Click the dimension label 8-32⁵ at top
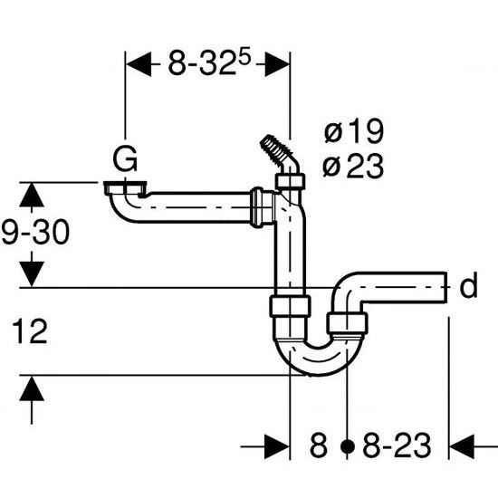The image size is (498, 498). [209, 62]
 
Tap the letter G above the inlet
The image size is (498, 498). [126, 158]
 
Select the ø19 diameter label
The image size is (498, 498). [353, 130]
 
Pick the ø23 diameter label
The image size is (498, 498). [353, 166]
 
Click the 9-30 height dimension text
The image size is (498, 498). [35, 232]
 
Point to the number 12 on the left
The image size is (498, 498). [30, 331]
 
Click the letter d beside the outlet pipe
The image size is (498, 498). [468, 285]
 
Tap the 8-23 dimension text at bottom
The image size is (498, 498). [397, 445]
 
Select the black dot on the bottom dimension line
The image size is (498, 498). [347, 446]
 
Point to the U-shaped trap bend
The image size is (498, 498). [319, 358]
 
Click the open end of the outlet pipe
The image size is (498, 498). [445, 287]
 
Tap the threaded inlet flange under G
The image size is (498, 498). [125, 187]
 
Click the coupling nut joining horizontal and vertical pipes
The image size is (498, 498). [263, 207]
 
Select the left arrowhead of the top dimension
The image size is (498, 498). [139, 64]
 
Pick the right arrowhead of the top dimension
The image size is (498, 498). [277, 64]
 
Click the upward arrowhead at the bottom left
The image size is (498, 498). [32, 388]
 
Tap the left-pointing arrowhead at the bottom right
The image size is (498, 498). [462, 447]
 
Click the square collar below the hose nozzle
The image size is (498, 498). [290, 181]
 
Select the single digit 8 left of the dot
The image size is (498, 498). [318, 445]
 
